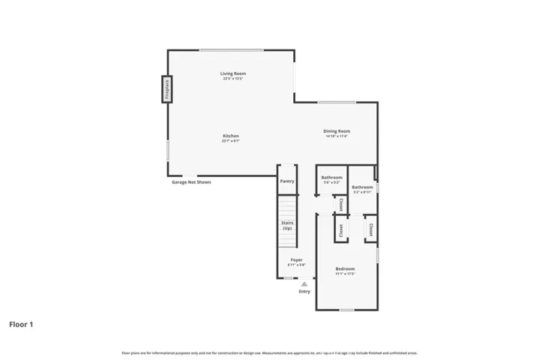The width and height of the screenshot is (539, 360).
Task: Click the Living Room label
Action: pos(233,73)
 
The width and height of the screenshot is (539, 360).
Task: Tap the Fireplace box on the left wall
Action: pos(168,89)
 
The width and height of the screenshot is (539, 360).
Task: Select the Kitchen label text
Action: pos(230,136)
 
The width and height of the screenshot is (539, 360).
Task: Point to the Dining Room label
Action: pos(337,131)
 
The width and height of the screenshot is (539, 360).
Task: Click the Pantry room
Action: pos(287,181)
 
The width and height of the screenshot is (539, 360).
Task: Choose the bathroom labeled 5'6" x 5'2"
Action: pos(331,178)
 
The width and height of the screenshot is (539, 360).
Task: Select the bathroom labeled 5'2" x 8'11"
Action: pos(363,187)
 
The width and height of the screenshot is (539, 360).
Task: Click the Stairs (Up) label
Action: pos(287,225)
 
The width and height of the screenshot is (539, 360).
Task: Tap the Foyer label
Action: pos(296,259)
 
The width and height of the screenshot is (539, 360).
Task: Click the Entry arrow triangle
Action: pos(304,284)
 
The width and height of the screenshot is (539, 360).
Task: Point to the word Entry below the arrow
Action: pos(304,292)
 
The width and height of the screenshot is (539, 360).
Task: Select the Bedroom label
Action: pos(345,268)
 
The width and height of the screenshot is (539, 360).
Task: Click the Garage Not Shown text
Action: pos(191,181)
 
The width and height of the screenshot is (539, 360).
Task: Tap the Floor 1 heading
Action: pos(21,325)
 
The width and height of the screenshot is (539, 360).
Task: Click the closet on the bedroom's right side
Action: pos(370,228)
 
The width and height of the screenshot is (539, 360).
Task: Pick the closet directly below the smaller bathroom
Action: pos(340,204)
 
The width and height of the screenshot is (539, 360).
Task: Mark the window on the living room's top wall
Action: pos(231,50)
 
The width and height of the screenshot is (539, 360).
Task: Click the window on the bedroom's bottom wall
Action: pos(346,310)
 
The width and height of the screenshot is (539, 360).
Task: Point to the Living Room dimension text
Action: pos(233,78)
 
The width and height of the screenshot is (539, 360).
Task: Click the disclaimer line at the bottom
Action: pos(269,352)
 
